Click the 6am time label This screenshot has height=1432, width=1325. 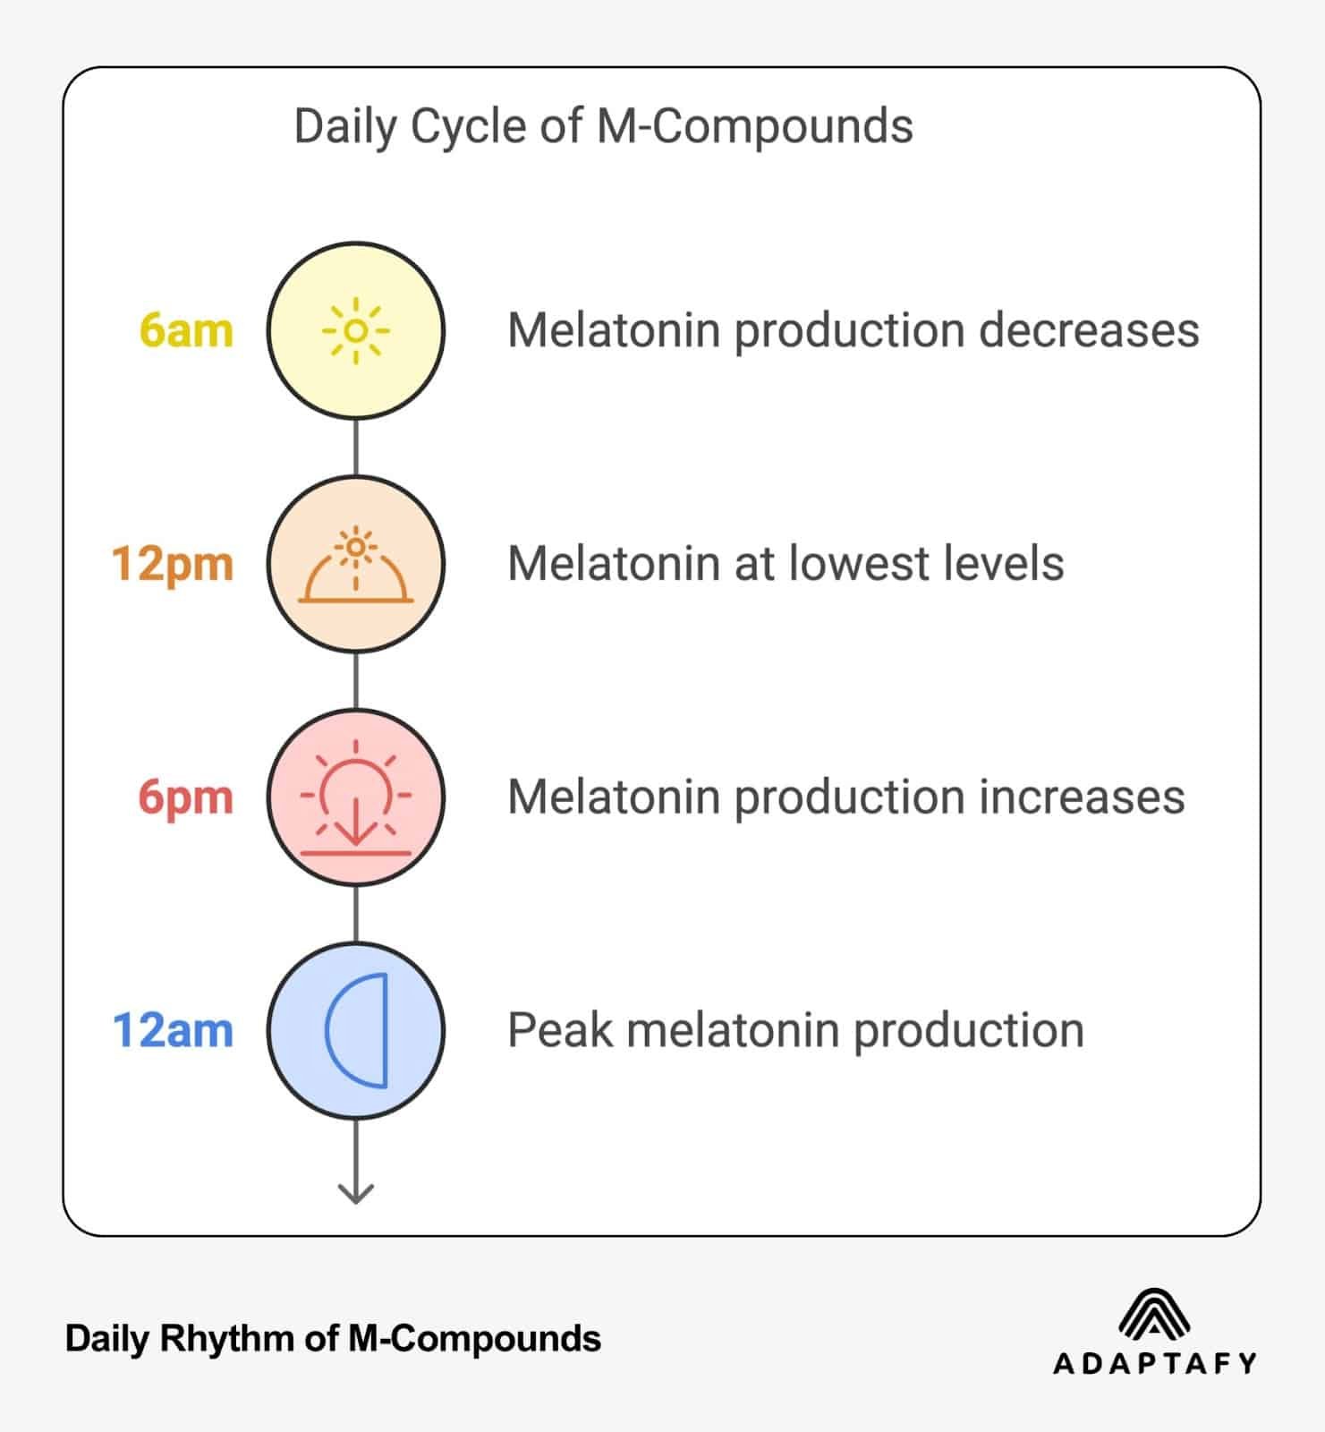pyautogui.click(x=186, y=330)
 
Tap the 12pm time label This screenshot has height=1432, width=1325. pyautogui.click(x=173, y=564)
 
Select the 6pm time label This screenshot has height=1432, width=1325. pyautogui.click(x=185, y=797)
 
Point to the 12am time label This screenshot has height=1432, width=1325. pyautogui.click(x=173, y=1030)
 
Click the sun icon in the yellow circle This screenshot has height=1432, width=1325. pyautogui.click(x=356, y=331)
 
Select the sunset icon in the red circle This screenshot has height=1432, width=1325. pyautogui.click(x=356, y=798)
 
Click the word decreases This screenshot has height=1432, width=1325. pyautogui.click(x=1089, y=330)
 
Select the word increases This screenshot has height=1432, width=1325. pyautogui.click(x=1082, y=797)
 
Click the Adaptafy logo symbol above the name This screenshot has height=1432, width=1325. pyautogui.click(x=1154, y=1314)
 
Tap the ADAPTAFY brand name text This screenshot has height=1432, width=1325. pyautogui.click(x=1155, y=1363)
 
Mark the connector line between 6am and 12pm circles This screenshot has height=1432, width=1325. pyautogui.click(x=356, y=447)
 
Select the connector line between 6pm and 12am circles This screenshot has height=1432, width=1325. pyautogui.click(x=356, y=914)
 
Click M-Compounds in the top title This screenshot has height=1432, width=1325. pyautogui.click(x=754, y=126)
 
